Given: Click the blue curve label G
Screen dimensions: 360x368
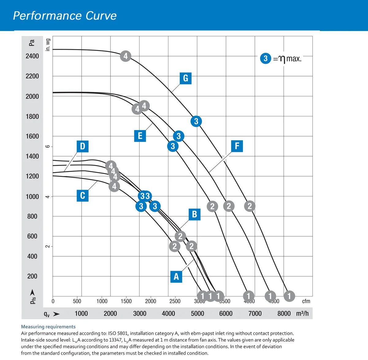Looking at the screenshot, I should [x=186, y=78].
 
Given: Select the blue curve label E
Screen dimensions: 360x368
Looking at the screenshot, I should [x=140, y=136].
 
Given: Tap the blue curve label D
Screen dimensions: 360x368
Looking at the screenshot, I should [x=82, y=146].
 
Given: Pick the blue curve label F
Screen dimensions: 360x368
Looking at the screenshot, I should [x=237, y=146].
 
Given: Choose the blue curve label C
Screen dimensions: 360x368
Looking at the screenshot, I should [x=82, y=195].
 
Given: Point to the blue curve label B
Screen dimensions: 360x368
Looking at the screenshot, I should [x=194, y=214].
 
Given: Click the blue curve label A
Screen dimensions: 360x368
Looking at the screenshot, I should [x=176, y=277].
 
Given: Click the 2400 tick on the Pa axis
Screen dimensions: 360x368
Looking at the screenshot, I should [x=32, y=56].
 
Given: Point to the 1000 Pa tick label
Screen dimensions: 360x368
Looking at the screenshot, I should [x=32, y=197].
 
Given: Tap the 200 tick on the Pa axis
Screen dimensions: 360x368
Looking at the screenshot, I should [x=32, y=276].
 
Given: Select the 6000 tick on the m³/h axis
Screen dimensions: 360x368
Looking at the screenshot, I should [x=226, y=313].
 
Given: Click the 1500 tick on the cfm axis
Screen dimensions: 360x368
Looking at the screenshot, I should [x=126, y=301].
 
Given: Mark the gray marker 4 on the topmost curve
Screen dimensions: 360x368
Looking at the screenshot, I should [x=125, y=56].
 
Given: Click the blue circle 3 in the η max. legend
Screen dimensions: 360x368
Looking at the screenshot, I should [x=266, y=58].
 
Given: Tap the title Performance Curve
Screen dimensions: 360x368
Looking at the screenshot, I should [x=65, y=16].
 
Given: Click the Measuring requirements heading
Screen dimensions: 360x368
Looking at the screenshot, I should [x=48, y=327].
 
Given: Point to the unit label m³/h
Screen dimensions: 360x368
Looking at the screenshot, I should [x=302, y=313].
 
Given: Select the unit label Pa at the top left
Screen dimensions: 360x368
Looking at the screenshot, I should [x=32, y=43].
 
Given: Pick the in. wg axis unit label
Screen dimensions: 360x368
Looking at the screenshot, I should [x=48, y=45].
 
